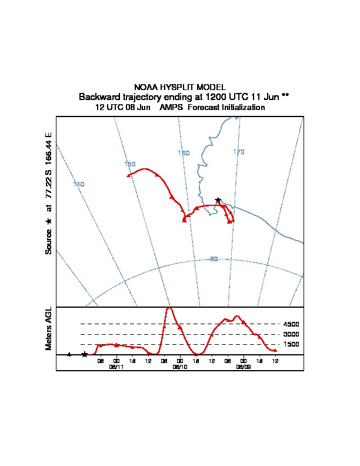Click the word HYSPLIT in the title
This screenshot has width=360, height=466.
click(x=181, y=86)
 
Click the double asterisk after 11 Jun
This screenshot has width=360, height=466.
click(x=285, y=96)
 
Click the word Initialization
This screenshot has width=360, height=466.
click(x=241, y=108)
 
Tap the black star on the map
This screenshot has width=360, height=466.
click(x=218, y=200)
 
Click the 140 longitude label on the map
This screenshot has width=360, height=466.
click(x=78, y=184)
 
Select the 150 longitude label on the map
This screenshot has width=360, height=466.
click(x=130, y=164)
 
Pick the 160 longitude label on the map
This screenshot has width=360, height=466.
click(x=184, y=153)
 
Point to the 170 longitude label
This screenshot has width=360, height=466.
click(x=238, y=152)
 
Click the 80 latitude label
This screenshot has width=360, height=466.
click(x=214, y=259)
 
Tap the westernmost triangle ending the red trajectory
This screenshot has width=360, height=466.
click(x=128, y=175)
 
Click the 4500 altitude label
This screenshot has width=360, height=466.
click(x=291, y=324)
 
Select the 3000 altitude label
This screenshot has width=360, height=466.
click(x=291, y=334)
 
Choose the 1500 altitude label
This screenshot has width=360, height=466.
click(x=291, y=344)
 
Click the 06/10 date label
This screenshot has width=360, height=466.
click(x=180, y=367)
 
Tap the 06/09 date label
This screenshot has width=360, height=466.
click(x=244, y=367)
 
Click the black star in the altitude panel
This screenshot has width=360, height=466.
click(x=85, y=354)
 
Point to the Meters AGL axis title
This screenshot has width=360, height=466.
click(x=49, y=329)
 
